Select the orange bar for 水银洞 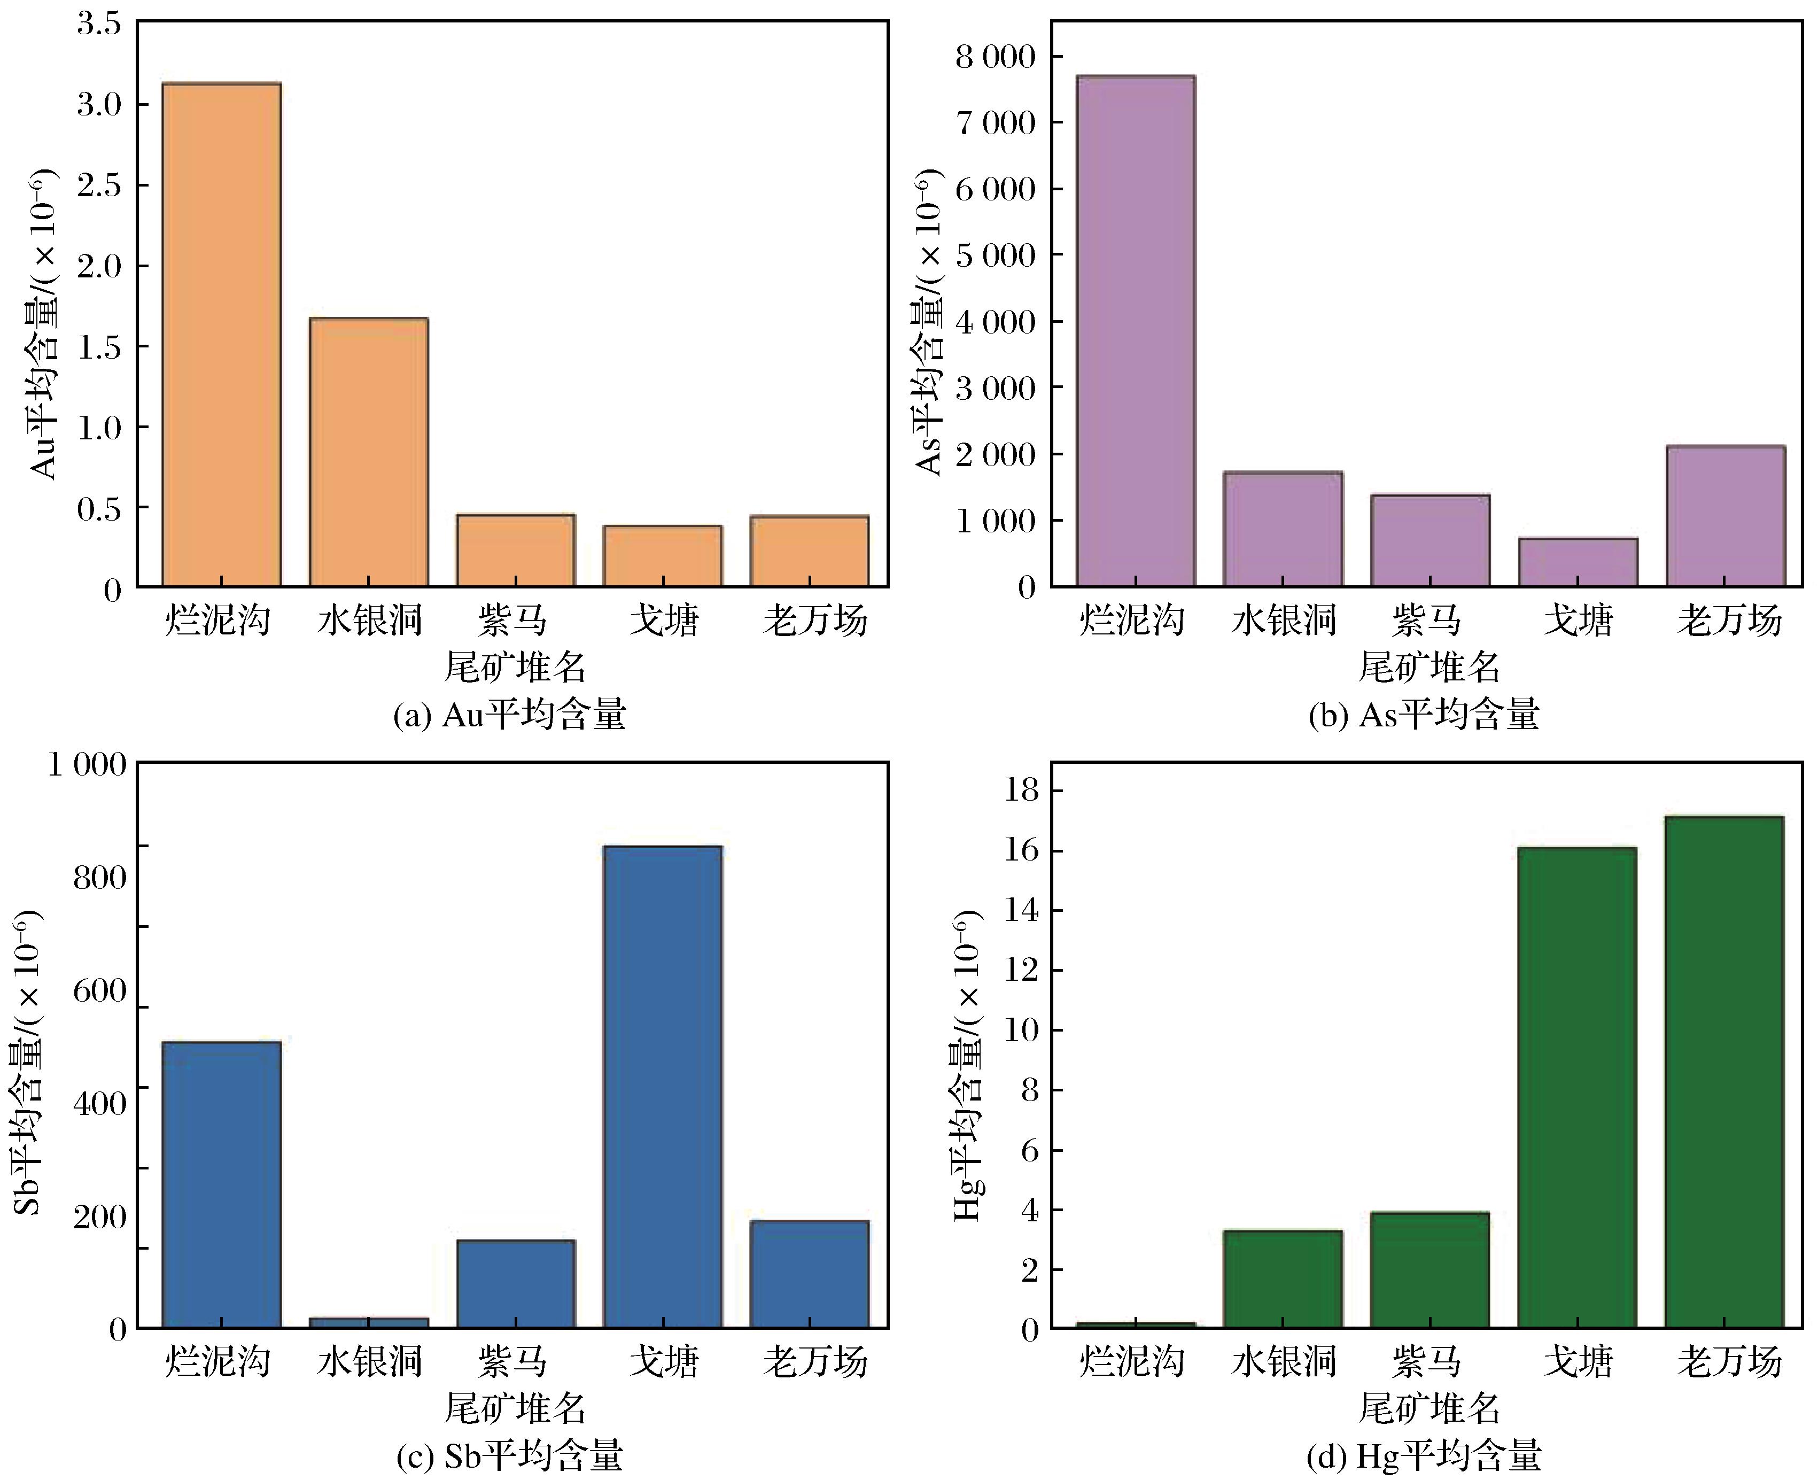point(369,452)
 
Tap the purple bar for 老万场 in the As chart point(1725,516)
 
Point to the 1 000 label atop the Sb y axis point(87,765)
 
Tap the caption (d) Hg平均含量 point(1424,1455)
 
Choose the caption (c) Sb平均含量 point(510,1455)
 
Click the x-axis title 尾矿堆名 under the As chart point(1429,667)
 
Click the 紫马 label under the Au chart point(513,620)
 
